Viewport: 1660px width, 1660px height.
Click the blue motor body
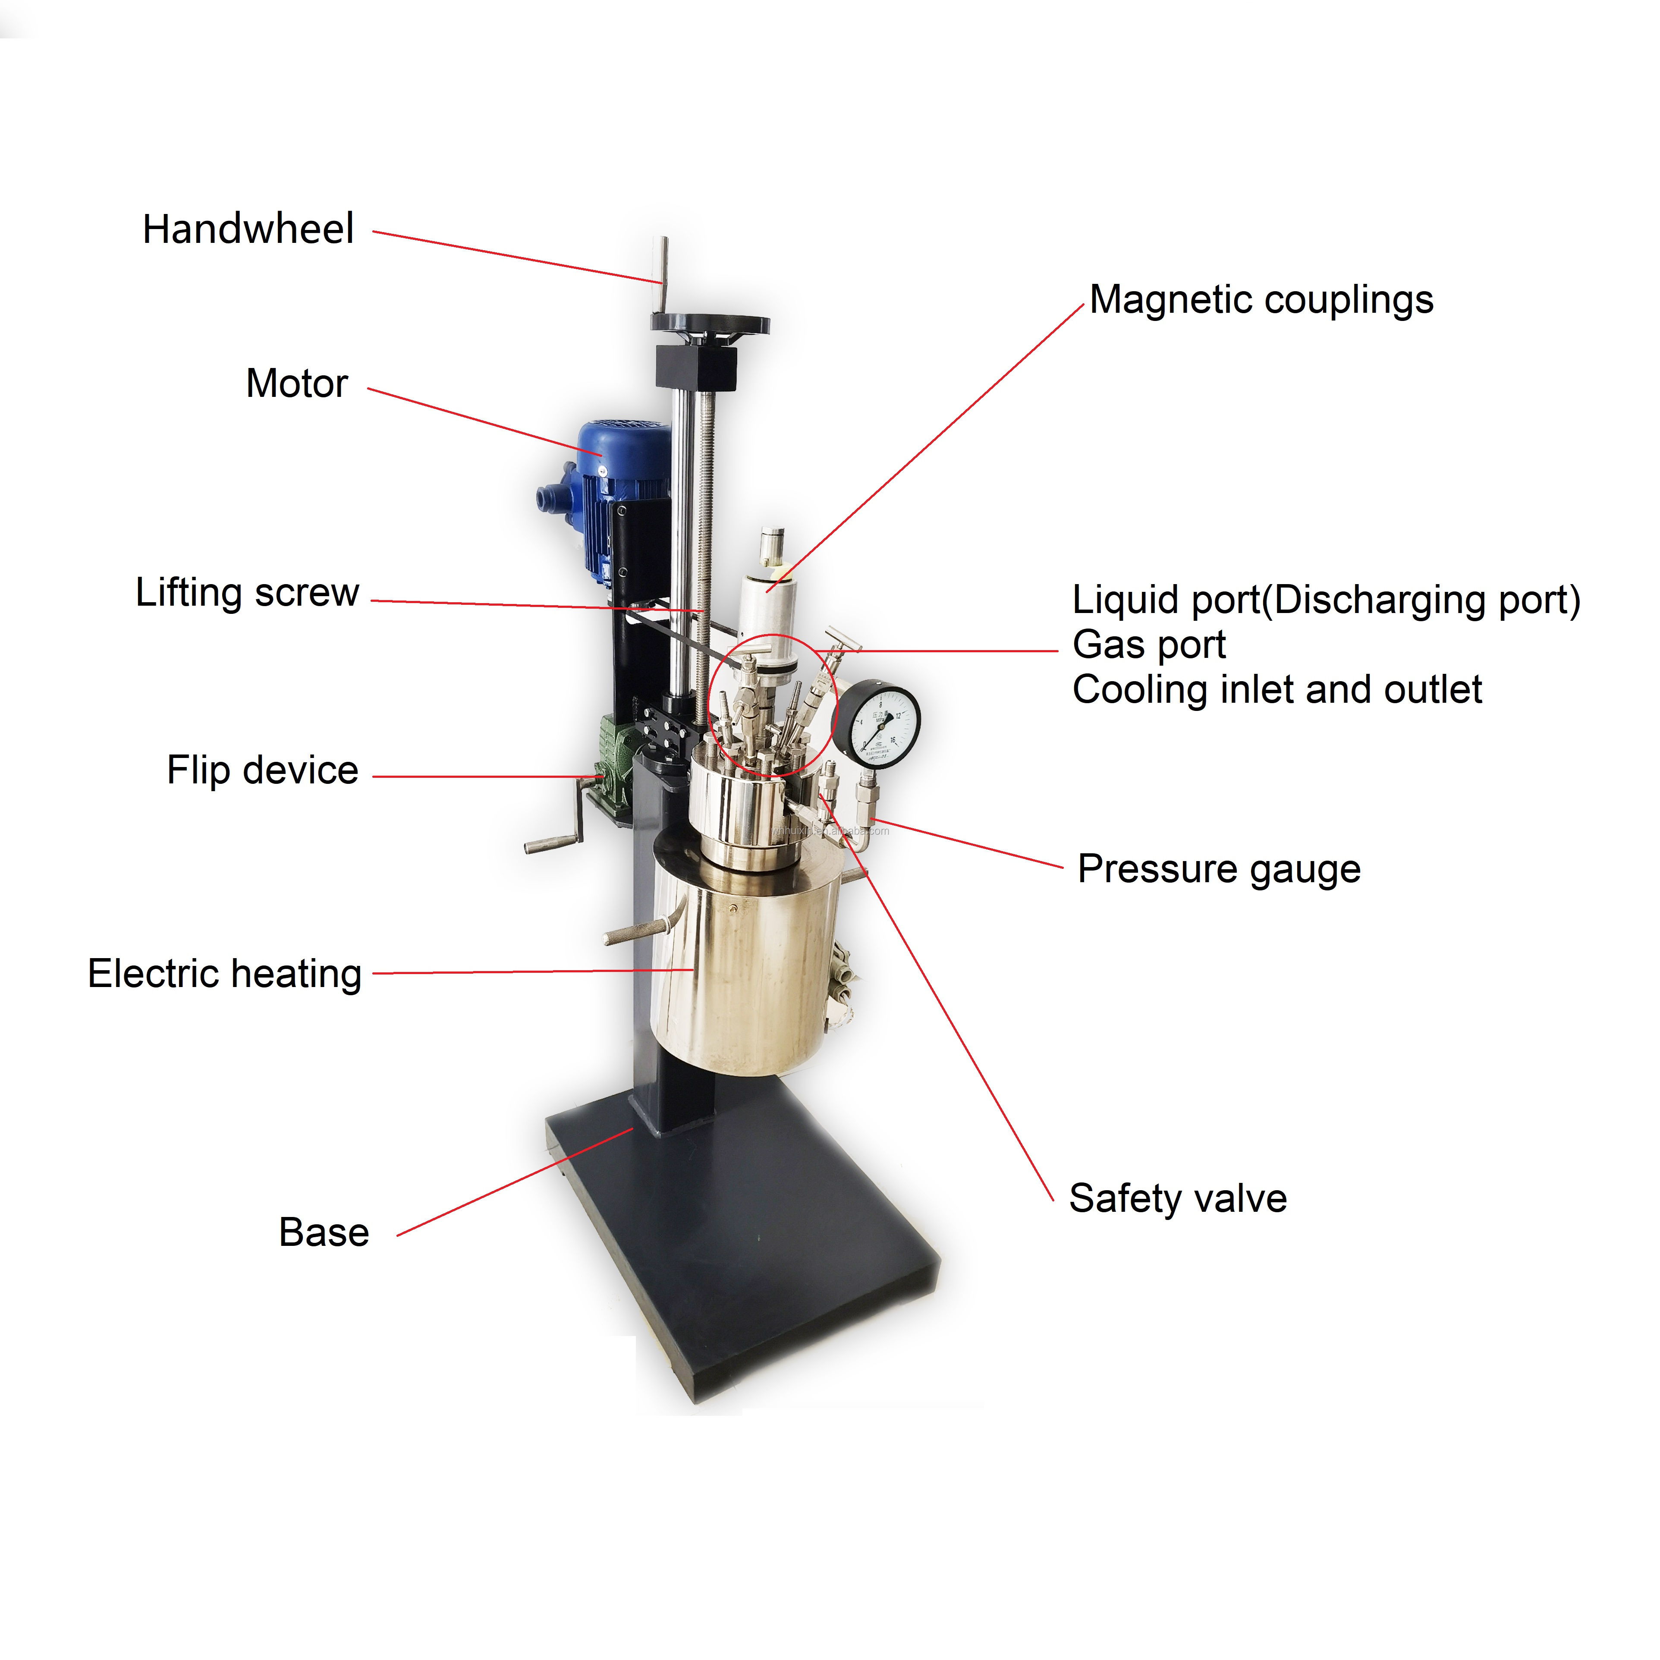623,464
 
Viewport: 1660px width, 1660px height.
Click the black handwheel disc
710,324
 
